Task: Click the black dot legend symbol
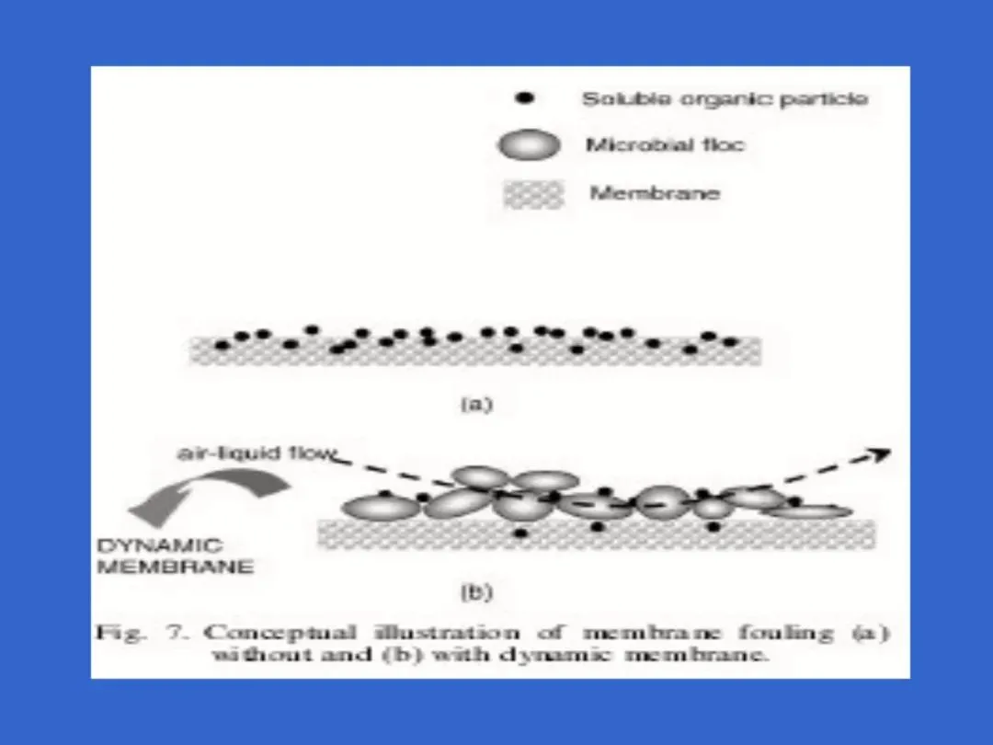coord(526,98)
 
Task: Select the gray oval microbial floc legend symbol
coord(528,145)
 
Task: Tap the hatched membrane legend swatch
coord(533,194)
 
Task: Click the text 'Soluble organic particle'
coord(725,99)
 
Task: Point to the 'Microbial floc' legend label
coord(664,145)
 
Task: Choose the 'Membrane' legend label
coord(654,194)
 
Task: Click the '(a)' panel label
coord(476,404)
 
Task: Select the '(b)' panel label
coord(476,593)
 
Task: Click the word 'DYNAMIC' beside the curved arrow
coord(160,545)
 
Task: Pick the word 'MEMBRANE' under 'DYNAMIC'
coord(175,567)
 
